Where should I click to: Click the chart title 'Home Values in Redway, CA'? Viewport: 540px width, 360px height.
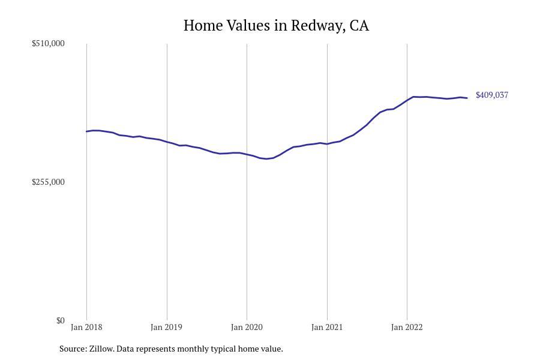(276, 26)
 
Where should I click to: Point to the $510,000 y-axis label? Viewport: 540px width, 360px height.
(48, 43)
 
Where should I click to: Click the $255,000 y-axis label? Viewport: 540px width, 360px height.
(48, 182)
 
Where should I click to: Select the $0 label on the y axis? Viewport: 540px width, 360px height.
(60, 320)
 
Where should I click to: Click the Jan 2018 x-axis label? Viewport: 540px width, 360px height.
(86, 327)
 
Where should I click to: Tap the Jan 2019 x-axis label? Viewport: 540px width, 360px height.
(167, 327)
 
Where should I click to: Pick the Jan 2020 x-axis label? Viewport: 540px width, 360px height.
(247, 327)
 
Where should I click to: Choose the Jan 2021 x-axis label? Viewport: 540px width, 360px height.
(327, 327)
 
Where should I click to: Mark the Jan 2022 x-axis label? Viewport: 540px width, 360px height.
(407, 327)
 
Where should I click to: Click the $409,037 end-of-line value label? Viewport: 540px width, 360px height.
(492, 95)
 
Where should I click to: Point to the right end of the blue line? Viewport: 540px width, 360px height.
(467, 98)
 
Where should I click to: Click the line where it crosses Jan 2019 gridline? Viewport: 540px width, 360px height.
(167, 142)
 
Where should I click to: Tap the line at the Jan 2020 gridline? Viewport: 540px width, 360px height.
(247, 154)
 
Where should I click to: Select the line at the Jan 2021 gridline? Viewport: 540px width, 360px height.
(327, 144)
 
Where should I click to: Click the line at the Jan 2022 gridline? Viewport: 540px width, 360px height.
(407, 100)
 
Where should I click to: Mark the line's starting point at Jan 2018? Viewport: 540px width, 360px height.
(86, 131)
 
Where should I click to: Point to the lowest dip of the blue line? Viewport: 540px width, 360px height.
(266, 159)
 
